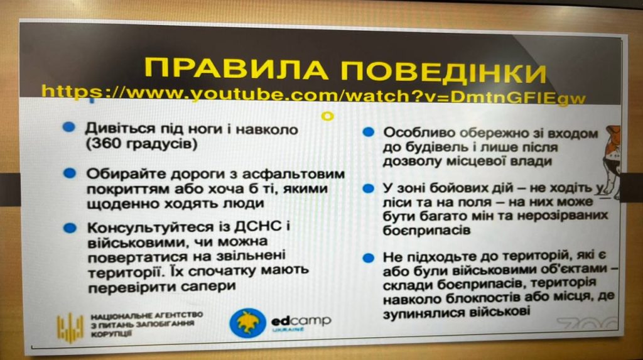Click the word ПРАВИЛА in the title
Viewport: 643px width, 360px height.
236,69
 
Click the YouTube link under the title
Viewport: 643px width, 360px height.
314,95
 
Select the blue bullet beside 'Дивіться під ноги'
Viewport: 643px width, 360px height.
68,128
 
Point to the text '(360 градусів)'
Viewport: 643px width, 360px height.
141,144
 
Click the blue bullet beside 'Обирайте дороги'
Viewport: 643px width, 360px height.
70,173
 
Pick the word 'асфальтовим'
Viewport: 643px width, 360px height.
293,174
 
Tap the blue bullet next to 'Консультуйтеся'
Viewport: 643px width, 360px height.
70,228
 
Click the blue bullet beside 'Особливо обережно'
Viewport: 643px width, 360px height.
369,132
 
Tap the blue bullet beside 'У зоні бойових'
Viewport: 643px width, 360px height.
369,188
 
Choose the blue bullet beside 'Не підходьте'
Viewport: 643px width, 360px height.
369,258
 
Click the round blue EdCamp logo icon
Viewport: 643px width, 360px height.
247,323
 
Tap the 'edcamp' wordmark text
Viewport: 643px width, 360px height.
301,320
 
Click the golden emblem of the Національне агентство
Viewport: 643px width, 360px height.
70,327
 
